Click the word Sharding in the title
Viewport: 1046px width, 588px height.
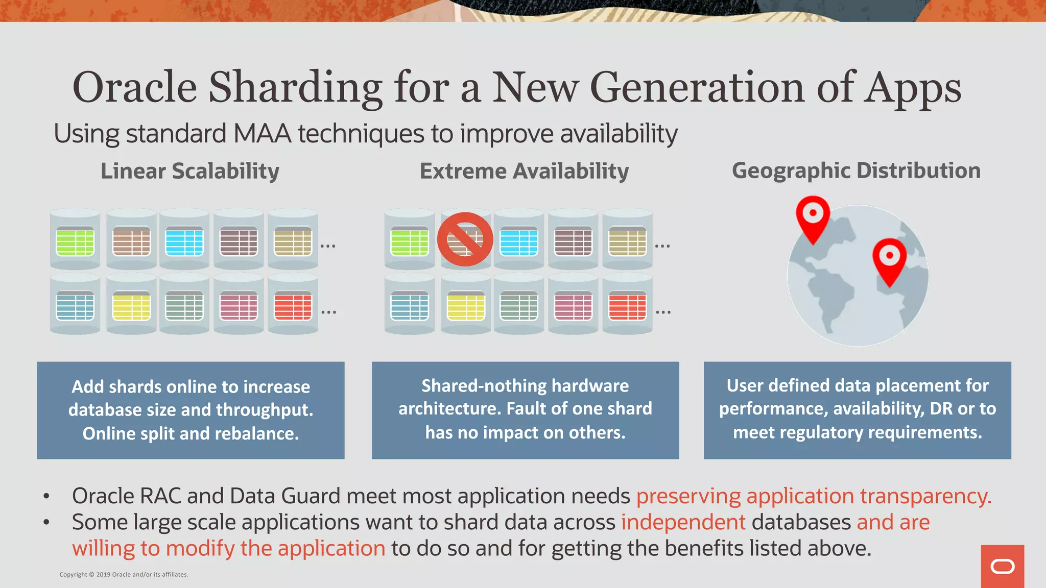(x=295, y=88)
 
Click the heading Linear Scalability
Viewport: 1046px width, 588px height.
(x=189, y=171)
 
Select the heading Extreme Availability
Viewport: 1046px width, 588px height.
(x=524, y=171)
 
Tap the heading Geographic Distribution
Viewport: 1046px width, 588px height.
(x=856, y=170)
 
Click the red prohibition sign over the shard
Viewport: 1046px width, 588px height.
(x=465, y=239)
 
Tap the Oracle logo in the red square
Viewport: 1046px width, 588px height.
(x=1002, y=567)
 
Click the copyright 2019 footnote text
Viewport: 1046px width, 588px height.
(x=124, y=575)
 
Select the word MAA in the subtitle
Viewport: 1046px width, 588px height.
(x=262, y=134)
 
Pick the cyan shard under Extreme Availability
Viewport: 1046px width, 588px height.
(x=518, y=242)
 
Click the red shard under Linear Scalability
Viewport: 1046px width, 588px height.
(x=293, y=306)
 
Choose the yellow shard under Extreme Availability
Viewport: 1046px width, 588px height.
(x=465, y=307)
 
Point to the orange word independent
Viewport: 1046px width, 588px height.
(x=683, y=522)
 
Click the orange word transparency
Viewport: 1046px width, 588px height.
(x=925, y=496)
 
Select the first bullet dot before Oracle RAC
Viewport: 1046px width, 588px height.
(x=46, y=496)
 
